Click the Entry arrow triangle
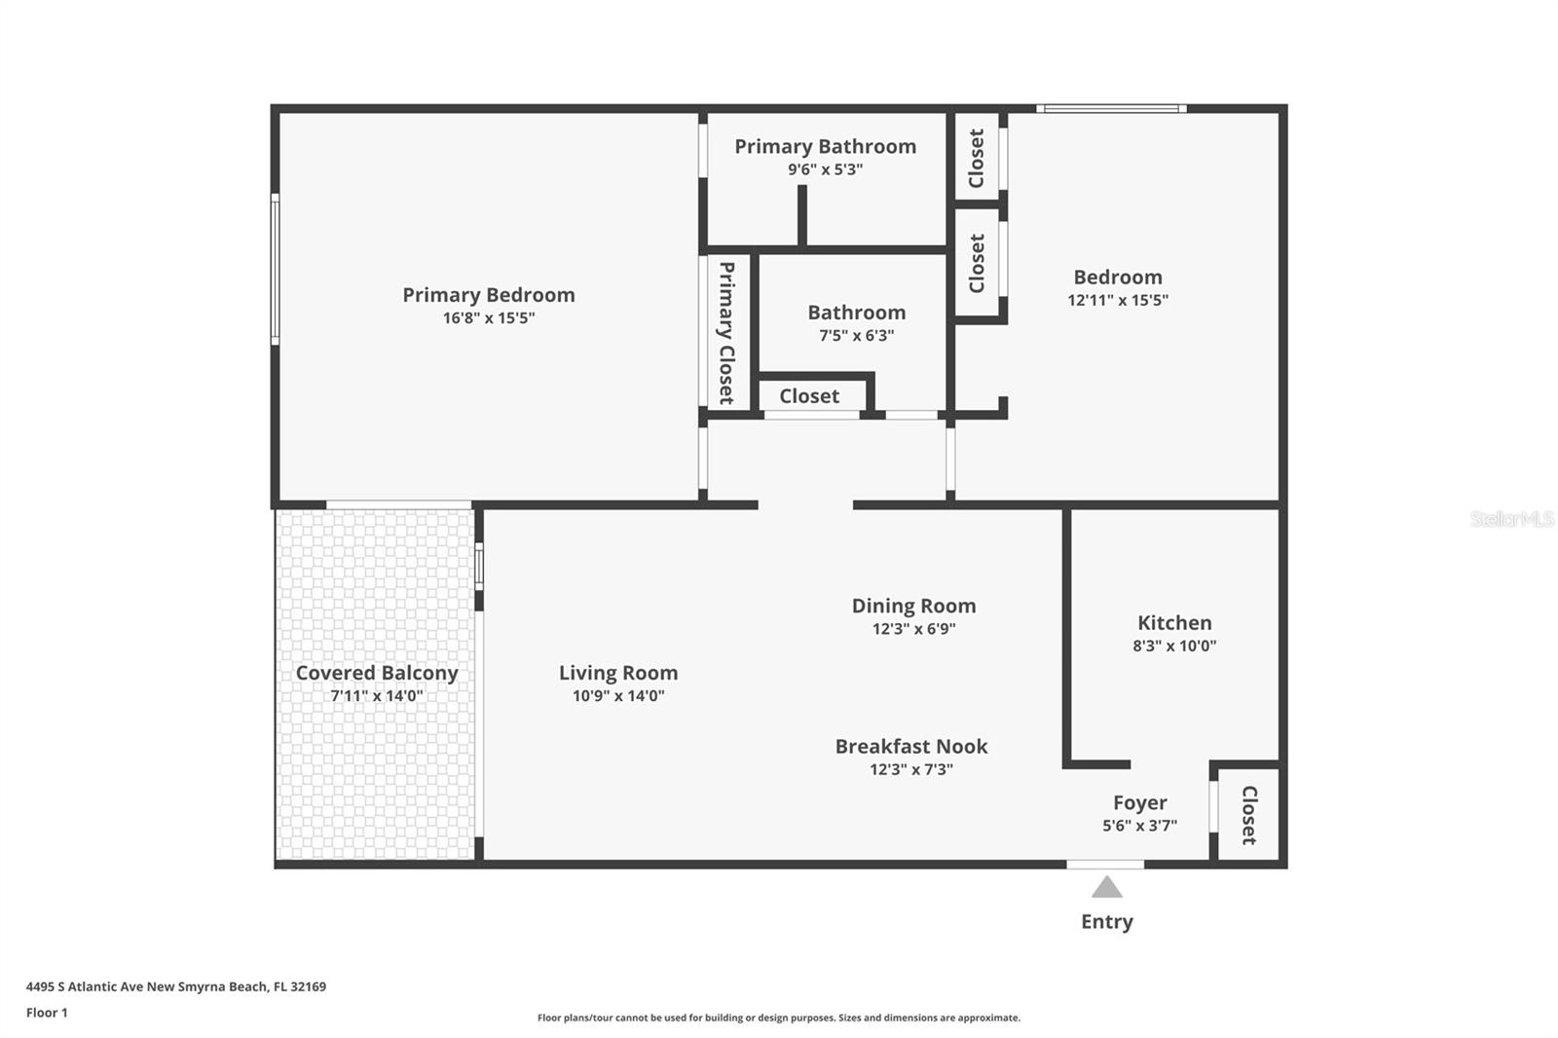coord(1106,888)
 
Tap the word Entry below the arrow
coord(1106,922)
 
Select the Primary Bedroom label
coord(489,295)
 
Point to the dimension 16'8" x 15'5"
coord(489,318)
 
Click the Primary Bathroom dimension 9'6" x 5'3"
coord(826,169)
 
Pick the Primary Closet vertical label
coord(726,333)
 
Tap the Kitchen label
coord(1174,622)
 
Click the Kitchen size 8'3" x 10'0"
coord(1174,646)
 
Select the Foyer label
coord(1140,803)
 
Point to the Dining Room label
coord(914,606)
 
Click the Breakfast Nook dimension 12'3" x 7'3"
coord(911,769)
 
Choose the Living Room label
coord(618,673)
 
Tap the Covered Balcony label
coord(377,673)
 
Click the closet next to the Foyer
coord(1249,815)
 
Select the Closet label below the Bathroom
coord(809,396)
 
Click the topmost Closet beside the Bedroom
coord(977,158)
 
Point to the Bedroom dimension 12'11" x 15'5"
coord(1118,300)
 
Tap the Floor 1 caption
coord(47,1013)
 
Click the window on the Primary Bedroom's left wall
coord(276,270)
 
